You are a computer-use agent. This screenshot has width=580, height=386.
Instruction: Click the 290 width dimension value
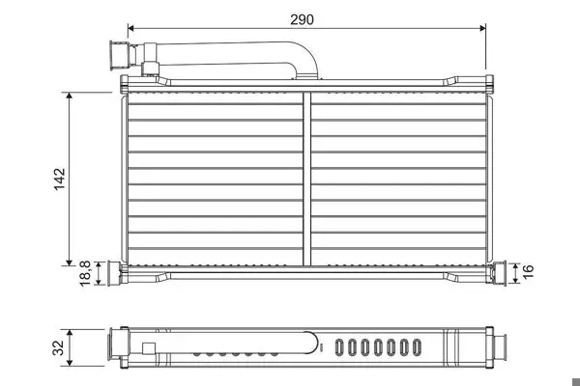click(x=302, y=19)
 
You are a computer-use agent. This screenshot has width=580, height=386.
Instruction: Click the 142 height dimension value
click(x=59, y=179)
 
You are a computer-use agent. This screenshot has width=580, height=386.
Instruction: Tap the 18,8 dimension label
click(x=85, y=273)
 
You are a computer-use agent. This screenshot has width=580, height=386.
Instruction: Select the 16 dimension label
click(x=528, y=271)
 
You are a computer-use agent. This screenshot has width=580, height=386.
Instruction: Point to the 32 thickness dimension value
click(x=58, y=347)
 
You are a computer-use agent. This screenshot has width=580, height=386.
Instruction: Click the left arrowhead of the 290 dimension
click(x=130, y=28)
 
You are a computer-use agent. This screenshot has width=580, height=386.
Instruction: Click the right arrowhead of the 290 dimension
click(x=482, y=28)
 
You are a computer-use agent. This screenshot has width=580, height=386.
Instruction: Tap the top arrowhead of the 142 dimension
click(x=70, y=96)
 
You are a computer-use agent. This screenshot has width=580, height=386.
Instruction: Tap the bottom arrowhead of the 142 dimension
click(x=70, y=262)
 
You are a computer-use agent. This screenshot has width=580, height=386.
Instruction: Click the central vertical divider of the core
click(x=306, y=179)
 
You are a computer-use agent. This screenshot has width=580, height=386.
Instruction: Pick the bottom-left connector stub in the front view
click(x=114, y=273)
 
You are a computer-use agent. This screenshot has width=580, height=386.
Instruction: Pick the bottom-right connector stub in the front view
click(x=498, y=272)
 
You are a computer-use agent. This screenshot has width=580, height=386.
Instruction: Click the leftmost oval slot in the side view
click(x=339, y=347)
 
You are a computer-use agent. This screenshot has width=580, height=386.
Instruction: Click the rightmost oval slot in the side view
click(x=417, y=347)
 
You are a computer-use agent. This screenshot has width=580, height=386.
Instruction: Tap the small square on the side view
click(x=149, y=349)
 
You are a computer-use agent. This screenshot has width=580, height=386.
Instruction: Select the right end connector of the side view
click(x=500, y=347)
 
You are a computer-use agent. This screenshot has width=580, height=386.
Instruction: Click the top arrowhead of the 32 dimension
click(x=70, y=332)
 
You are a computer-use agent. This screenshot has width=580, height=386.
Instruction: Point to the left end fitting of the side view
click(x=118, y=346)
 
